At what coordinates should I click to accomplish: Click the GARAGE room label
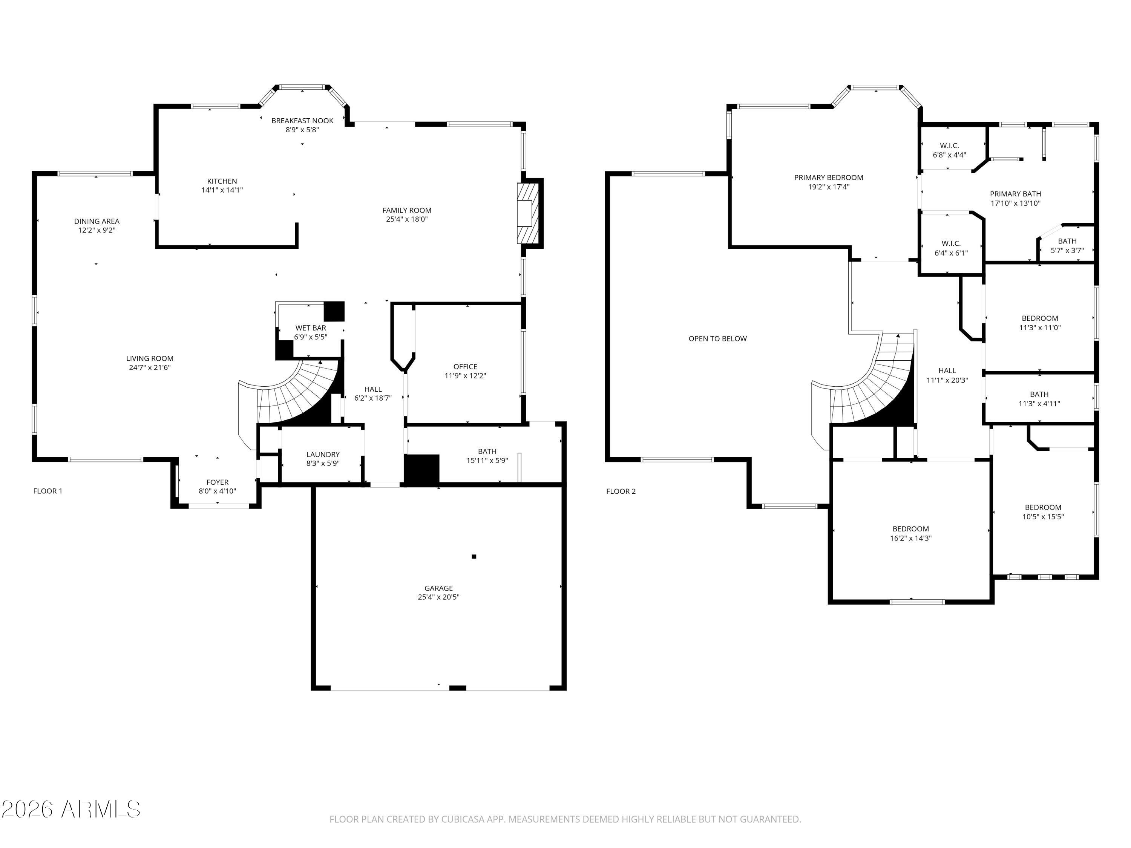click(438, 588)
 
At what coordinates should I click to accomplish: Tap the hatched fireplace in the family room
click(527, 213)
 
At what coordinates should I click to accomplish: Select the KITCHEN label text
click(222, 181)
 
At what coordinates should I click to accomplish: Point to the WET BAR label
click(310, 328)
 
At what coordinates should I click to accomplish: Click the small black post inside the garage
click(474, 556)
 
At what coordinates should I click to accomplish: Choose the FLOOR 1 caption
click(48, 491)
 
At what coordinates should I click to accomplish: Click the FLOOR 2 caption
click(621, 491)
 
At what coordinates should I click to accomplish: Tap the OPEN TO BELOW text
click(717, 338)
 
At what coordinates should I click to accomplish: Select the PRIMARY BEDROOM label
click(828, 178)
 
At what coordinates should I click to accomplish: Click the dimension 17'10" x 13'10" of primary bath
click(1015, 203)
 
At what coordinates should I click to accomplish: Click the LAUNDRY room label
click(323, 455)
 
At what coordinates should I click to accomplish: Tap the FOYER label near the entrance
click(217, 482)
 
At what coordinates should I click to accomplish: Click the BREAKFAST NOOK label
click(302, 121)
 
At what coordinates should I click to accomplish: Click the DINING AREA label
click(97, 221)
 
